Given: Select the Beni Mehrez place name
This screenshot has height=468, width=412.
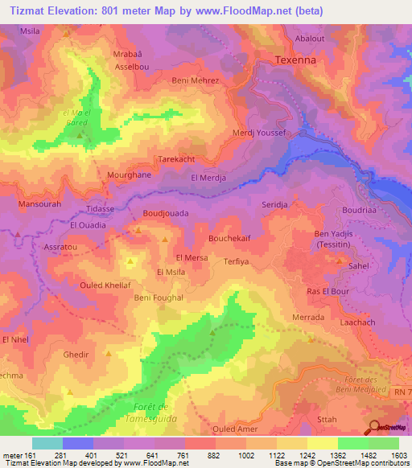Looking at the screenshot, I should pyautogui.click(x=196, y=81).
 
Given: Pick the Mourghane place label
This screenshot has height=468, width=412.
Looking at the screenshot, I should pyautogui.click(x=129, y=174).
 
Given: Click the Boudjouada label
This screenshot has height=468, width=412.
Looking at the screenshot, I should pyautogui.click(x=165, y=213).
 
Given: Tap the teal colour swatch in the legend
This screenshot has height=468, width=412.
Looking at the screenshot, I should pyautogui.click(x=47, y=443).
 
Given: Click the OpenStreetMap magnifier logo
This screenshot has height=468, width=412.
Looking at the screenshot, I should pyautogui.click(x=373, y=427).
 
